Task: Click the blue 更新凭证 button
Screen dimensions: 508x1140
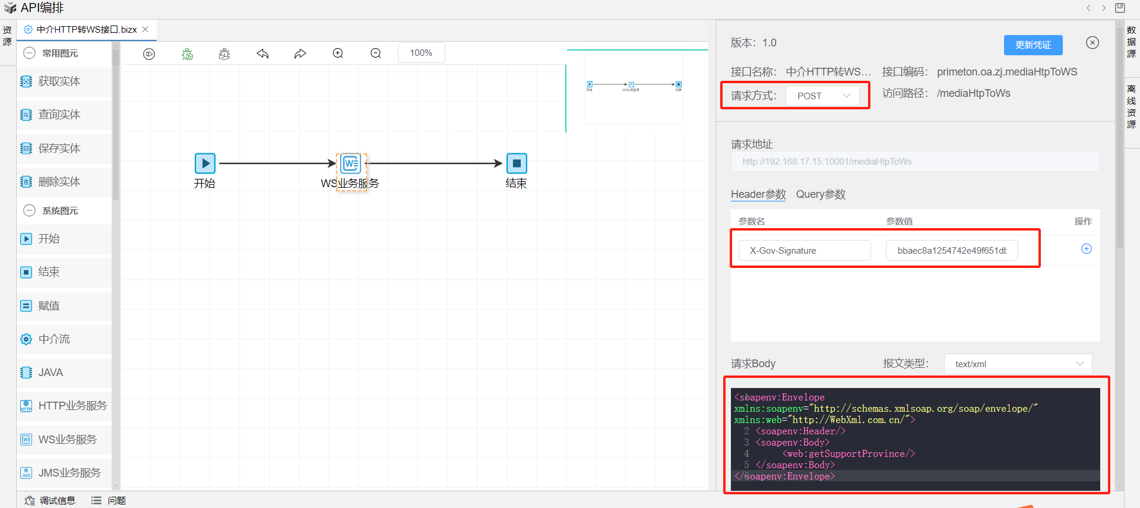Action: (x=1033, y=45)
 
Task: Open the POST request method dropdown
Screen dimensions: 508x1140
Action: (x=822, y=96)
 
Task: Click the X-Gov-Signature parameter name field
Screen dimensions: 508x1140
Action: (x=804, y=251)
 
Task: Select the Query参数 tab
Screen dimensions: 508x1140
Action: (x=821, y=194)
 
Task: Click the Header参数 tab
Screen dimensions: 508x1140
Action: (x=758, y=194)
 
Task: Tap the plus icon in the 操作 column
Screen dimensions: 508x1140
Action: (x=1086, y=249)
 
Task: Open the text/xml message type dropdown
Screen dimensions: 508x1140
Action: (x=1018, y=364)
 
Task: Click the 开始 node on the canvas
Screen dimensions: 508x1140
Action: (x=205, y=163)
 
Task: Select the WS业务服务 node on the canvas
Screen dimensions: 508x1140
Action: (x=350, y=164)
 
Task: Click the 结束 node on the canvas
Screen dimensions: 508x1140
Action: (x=516, y=163)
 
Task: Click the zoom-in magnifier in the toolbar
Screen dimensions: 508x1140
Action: (x=338, y=53)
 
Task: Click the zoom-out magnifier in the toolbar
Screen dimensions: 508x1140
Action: (x=376, y=53)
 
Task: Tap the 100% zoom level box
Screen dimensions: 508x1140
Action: (x=421, y=53)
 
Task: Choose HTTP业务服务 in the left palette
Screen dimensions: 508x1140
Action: (x=72, y=406)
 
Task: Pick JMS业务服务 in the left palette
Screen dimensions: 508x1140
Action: (x=69, y=473)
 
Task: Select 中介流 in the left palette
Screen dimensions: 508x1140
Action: (x=54, y=339)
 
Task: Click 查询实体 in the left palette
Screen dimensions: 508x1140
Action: (x=59, y=115)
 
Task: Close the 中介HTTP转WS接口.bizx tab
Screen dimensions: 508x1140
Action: (x=145, y=29)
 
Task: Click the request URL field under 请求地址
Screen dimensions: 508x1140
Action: (x=914, y=162)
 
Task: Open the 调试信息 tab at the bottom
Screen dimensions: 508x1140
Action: (x=57, y=501)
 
